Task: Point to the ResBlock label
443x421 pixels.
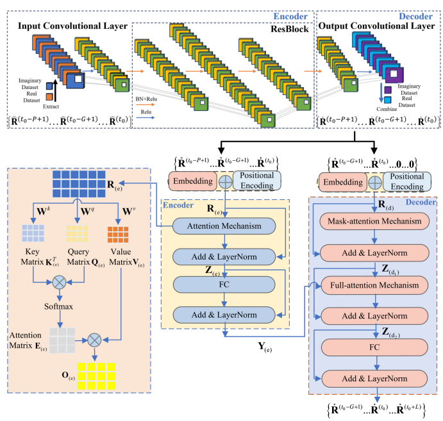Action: (x=290, y=29)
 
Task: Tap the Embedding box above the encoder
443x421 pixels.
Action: (x=192, y=181)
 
